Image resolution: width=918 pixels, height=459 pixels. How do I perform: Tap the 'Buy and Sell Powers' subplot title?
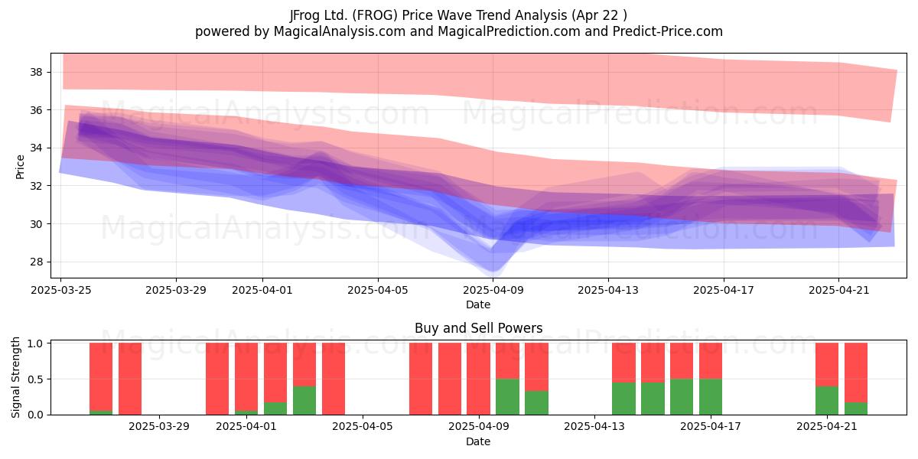tap(478, 328)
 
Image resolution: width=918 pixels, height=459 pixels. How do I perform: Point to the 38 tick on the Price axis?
tap(36, 73)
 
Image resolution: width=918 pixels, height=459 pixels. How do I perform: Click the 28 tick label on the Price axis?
tap(36, 262)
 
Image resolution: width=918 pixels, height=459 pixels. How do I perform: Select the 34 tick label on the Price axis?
tap(36, 148)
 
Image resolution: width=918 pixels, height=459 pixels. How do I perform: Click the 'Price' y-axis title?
tap(20, 167)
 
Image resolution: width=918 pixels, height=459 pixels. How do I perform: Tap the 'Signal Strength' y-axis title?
tap(15, 377)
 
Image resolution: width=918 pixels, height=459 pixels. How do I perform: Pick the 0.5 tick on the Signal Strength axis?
tap(35, 379)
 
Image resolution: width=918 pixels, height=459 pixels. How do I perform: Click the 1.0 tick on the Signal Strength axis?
tap(35, 343)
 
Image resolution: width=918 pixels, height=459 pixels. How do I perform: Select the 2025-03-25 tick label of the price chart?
tap(61, 290)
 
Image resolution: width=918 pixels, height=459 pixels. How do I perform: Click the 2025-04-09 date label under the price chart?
tap(493, 290)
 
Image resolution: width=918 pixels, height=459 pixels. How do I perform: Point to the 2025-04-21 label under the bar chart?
tap(827, 427)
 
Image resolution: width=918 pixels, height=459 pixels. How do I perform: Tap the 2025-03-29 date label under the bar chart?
tap(159, 427)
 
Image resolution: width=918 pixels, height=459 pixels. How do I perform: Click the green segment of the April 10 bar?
tap(507, 397)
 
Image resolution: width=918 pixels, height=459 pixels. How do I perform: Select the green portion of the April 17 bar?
tap(711, 397)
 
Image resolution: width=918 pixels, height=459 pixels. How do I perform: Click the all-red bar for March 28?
tap(130, 379)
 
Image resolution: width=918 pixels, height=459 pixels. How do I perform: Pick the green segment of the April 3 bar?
tap(304, 400)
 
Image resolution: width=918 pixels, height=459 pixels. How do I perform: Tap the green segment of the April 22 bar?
tap(856, 409)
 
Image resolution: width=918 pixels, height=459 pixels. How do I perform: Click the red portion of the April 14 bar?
tap(623, 363)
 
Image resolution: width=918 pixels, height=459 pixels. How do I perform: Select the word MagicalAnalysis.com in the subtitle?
tap(340, 31)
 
